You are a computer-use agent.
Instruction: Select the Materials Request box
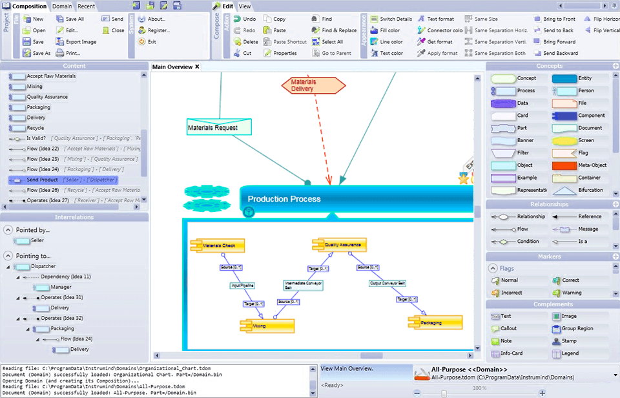point(219,127)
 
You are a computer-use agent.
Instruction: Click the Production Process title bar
point(355,199)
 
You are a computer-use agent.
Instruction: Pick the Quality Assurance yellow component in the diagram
point(340,245)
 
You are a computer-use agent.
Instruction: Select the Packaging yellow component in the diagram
point(435,322)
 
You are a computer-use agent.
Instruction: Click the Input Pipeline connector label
point(243,285)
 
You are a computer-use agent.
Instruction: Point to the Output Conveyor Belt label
point(387,283)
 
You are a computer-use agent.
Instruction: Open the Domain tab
point(62,6)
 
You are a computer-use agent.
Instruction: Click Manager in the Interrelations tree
point(61,287)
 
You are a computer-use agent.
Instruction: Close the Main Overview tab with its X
point(197,67)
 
